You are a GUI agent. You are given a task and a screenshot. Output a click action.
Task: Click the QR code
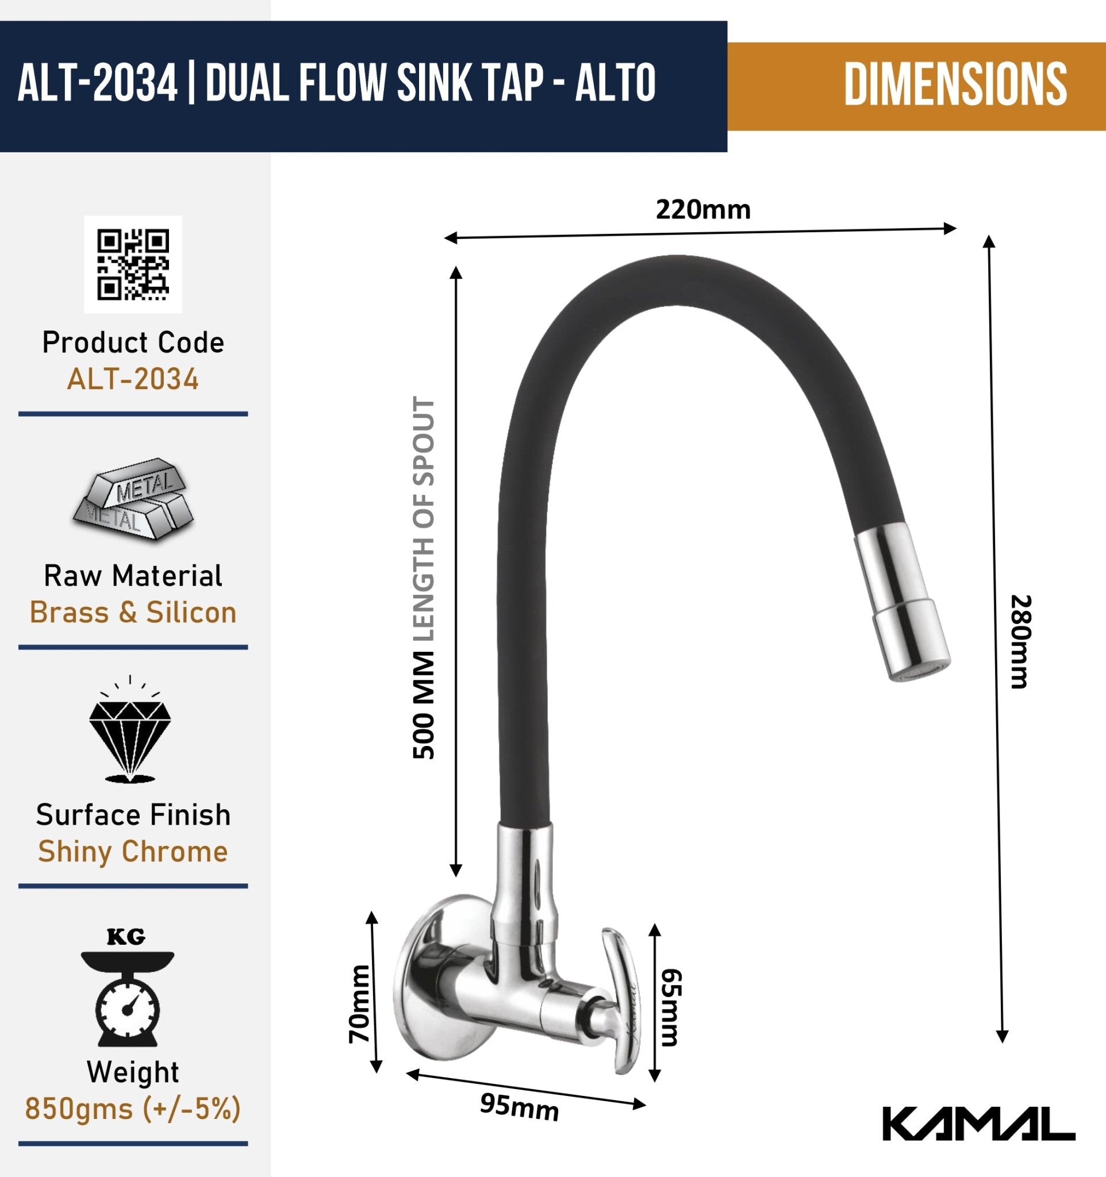click(x=133, y=264)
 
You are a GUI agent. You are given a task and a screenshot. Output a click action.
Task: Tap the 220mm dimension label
click(x=702, y=210)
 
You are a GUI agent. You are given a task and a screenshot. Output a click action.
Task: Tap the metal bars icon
click(x=133, y=498)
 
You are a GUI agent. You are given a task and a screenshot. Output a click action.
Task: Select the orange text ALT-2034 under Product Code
click(x=133, y=379)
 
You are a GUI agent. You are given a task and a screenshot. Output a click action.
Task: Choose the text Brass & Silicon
click(x=133, y=612)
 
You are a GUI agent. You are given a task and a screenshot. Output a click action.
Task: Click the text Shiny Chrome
click(x=133, y=851)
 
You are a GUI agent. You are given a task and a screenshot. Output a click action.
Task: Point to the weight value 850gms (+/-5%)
click(x=133, y=1108)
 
